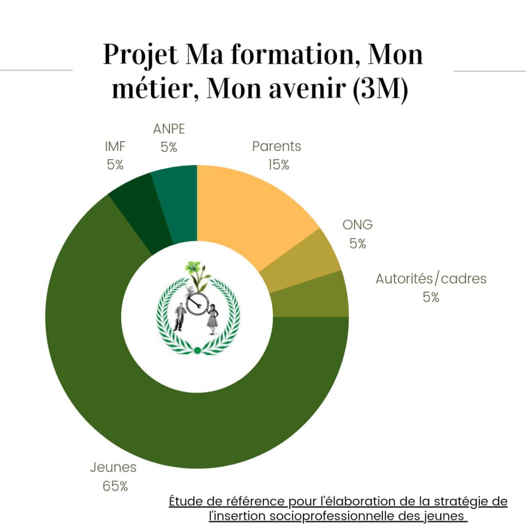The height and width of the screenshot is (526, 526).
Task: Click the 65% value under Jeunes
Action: (115, 486)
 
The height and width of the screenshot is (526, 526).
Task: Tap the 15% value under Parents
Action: (278, 165)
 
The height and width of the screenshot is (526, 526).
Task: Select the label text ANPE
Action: (168, 129)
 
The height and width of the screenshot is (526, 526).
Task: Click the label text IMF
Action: (115, 147)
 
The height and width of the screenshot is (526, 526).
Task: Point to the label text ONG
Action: (358, 225)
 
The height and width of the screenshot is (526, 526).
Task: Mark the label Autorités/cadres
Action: (430, 279)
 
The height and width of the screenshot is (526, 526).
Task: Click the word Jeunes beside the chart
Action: (113, 467)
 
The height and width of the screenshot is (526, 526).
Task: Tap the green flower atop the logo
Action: (194, 268)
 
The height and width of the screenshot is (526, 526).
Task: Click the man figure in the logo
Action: (180, 316)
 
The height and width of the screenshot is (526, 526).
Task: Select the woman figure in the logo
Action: (213, 318)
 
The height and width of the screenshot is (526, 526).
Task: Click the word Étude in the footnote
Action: (186, 501)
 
